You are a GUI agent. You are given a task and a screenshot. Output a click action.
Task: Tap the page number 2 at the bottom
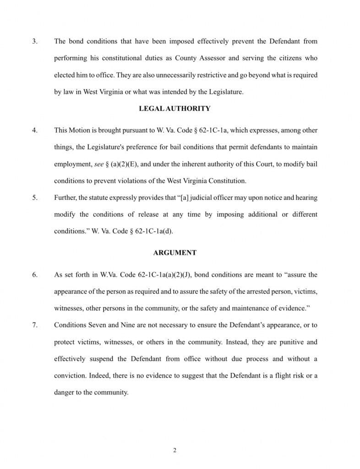pyautogui.click(x=175, y=450)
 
